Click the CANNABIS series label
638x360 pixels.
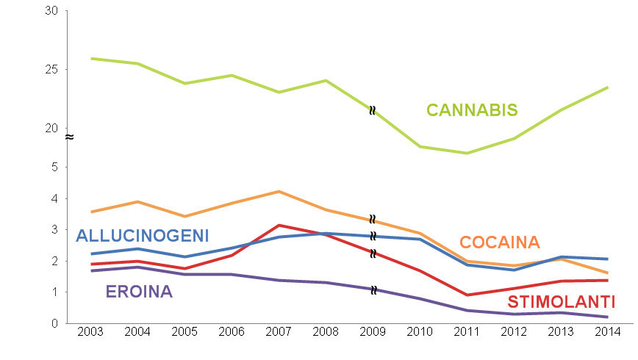[472, 110]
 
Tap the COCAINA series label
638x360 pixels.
[500, 242]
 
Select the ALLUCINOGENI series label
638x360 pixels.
[143, 236]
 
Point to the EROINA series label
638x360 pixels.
[139, 292]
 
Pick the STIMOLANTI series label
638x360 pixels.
[561, 302]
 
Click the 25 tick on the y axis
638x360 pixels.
[51, 70]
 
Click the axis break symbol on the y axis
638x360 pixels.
[68, 137]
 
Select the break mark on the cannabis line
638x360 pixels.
[373, 110]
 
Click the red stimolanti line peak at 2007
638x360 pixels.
[278, 225]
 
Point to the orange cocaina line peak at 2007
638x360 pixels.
[278, 191]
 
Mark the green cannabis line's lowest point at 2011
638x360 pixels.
[466, 153]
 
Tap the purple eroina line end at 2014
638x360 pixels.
[607, 317]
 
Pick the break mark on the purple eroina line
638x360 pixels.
[373, 289]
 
